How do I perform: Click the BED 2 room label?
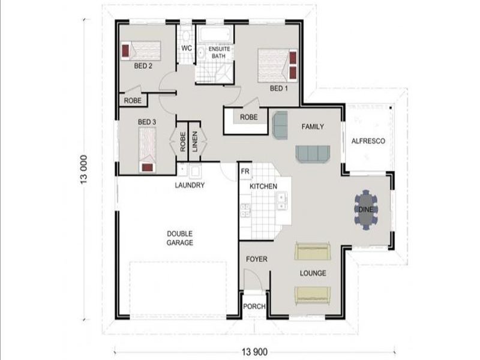[143, 66]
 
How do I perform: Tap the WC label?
[187, 49]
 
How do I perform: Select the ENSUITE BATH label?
[219, 52]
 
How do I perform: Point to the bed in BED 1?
[278, 65]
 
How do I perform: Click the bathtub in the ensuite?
[214, 35]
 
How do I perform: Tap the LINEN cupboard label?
[194, 142]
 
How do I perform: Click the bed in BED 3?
[147, 149]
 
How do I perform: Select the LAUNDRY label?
[190, 185]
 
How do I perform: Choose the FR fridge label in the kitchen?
[245, 172]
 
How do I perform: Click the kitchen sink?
[281, 201]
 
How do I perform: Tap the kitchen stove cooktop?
[245, 211]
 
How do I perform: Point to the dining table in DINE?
[366, 210]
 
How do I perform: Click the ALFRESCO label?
[368, 141]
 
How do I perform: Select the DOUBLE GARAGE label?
[179, 238]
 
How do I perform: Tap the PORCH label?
[254, 307]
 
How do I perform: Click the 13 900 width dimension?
[254, 352]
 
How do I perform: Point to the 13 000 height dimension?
[84, 170]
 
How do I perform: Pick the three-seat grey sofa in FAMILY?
[313, 154]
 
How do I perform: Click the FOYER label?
[257, 259]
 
